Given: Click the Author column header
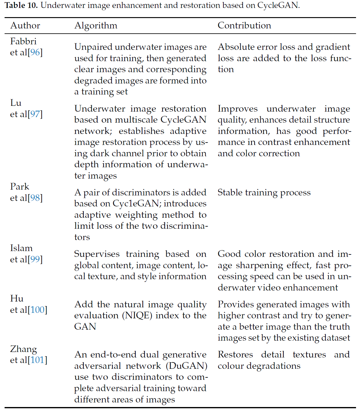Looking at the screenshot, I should point(25,25).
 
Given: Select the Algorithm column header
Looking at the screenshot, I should point(96,25).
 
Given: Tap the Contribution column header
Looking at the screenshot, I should point(244,25).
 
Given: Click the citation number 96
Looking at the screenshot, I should point(35,53).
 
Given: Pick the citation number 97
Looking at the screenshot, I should point(35,114).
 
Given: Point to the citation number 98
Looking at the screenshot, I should point(35,198).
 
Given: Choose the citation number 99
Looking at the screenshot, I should point(35,260).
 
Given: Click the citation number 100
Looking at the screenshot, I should point(38,310).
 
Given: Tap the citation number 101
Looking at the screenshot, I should point(38,360).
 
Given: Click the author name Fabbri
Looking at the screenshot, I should point(23,41).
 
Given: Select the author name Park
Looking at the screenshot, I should point(20,187).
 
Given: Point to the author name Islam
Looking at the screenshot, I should point(21,248).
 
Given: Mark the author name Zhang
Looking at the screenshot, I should point(24,349).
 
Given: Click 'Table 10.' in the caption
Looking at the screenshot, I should point(21,6).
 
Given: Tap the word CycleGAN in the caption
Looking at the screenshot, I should point(277,6).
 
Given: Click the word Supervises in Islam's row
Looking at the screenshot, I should point(97,254).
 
